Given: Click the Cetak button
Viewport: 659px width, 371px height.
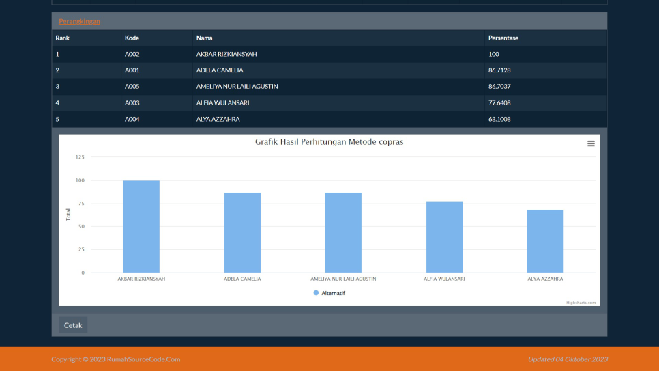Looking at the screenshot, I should (x=73, y=325).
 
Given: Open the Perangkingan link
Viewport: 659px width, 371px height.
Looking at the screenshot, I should (x=79, y=21).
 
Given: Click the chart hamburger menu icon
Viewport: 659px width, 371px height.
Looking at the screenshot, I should (x=591, y=143).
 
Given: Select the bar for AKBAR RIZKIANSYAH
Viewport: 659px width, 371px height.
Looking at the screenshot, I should (x=141, y=226).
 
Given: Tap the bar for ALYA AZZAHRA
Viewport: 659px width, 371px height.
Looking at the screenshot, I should (x=545, y=241).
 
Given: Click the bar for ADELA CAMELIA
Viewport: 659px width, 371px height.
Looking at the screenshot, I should (x=242, y=232).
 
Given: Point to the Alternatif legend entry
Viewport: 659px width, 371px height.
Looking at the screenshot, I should (x=329, y=293).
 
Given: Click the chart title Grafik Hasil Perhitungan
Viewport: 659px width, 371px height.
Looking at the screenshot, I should (x=329, y=142).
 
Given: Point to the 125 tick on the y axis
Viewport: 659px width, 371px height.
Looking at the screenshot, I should (x=80, y=157).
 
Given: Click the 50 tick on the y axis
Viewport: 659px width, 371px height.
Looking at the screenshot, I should (x=81, y=226).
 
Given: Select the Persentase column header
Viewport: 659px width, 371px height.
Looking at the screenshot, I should (x=503, y=38).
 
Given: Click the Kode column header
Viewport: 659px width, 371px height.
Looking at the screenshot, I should (x=132, y=38).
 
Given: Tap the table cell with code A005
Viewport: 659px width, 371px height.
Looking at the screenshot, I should (x=132, y=87).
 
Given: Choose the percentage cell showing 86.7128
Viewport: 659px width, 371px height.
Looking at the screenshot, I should (x=500, y=70).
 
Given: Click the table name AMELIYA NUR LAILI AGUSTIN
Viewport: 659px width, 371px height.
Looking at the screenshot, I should (x=237, y=87).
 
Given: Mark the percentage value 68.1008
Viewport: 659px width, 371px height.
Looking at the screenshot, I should (x=500, y=120).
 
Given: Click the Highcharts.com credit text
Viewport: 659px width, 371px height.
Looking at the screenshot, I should (x=581, y=302).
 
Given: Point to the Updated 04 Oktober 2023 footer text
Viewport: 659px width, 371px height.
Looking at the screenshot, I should (x=568, y=359).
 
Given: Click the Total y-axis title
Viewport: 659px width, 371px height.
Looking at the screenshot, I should (x=68, y=215).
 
